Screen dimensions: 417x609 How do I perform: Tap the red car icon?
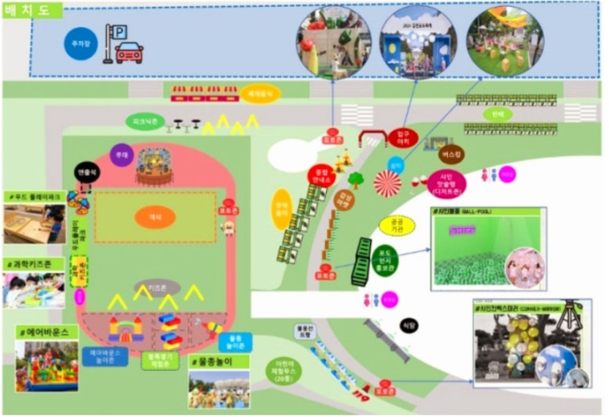coord(129,52)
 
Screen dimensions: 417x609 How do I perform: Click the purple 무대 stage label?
coord(122,154)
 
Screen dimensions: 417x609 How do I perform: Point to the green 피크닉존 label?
coord(144,121)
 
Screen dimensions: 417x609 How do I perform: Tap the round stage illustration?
coord(155,165)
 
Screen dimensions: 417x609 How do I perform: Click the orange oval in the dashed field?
coord(155,216)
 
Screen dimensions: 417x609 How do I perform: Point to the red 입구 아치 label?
coord(403,138)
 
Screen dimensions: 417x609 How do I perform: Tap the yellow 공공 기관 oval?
coord(396,225)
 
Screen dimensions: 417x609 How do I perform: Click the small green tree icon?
coord(355,180)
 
